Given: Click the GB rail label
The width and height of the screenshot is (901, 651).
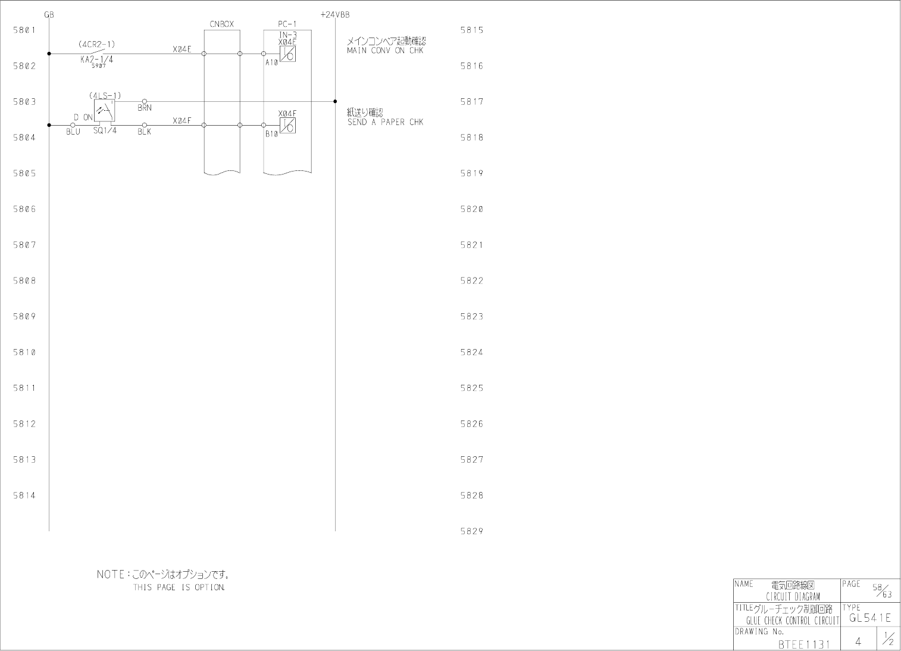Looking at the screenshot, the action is [x=49, y=15].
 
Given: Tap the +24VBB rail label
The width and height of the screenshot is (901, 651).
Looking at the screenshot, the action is [x=334, y=15].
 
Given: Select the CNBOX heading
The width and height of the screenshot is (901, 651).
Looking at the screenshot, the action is [x=221, y=24].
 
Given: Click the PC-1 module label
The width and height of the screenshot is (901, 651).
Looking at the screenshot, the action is [x=287, y=24].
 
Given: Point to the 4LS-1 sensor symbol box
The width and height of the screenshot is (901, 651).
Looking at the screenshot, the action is [x=104, y=110].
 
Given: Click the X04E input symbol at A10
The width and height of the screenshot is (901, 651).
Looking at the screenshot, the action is [x=288, y=54].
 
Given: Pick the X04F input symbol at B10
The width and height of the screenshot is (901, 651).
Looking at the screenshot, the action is [x=288, y=126].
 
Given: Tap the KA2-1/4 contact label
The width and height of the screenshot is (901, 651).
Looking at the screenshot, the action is [x=96, y=59].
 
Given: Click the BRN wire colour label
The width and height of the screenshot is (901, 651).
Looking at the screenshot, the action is [x=145, y=108].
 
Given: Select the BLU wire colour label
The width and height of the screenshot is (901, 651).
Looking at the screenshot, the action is [x=73, y=132].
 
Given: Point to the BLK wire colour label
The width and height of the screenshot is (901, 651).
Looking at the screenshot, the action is [x=145, y=132].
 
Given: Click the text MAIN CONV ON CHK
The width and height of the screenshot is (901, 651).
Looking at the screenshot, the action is [x=384, y=51].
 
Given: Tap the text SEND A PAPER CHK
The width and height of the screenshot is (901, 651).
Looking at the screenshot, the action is [x=385, y=122].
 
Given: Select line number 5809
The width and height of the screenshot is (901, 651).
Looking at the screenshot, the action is [x=24, y=316].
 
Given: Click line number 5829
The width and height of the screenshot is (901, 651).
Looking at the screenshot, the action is [x=471, y=531].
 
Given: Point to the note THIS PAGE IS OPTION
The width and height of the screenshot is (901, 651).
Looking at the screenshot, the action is [x=179, y=588].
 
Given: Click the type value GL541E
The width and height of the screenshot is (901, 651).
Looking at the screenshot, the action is [x=870, y=618].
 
